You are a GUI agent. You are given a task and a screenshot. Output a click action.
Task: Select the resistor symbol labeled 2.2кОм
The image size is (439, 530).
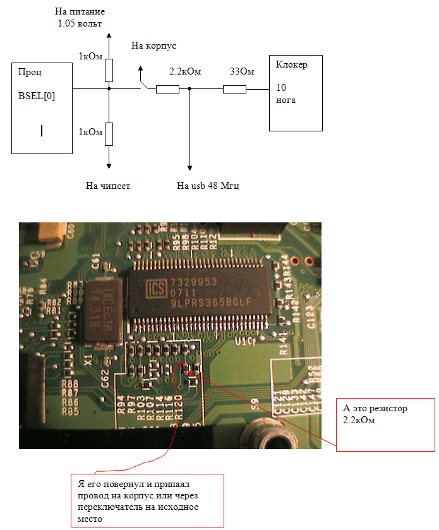[x=167, y=89]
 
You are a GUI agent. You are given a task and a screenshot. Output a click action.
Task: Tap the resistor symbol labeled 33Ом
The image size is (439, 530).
[x=234, y=89]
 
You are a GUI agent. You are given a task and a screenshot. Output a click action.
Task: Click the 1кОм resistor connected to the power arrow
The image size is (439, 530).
[x=109, y=69]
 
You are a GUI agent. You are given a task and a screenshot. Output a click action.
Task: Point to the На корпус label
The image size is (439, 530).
[x=153, y=45]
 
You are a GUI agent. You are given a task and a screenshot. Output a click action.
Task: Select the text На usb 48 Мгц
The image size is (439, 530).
[x=208, y=186]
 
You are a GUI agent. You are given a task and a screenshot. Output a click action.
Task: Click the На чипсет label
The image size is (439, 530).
[x=108, y=186]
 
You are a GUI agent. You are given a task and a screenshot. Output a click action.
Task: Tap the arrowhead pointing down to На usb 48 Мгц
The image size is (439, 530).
[x=189, y=167]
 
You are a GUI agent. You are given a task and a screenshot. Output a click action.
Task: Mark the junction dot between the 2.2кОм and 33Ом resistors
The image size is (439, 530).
[x=189, y=89]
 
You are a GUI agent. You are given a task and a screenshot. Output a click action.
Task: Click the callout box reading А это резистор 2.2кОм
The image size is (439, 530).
[x=385, y=425]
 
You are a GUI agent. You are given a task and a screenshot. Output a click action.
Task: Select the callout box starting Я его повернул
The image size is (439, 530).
[x=147, y=499]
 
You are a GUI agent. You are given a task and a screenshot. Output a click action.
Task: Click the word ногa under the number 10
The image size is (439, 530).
[x=286, y=100]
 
